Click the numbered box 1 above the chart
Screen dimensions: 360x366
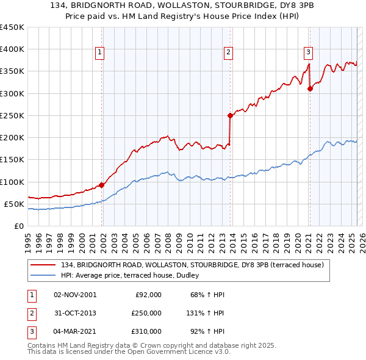click(99, 52)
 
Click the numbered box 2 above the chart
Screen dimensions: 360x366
click(228, 52)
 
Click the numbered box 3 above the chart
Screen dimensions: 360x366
click(309, 52)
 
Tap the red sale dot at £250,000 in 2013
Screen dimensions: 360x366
click(231, 115)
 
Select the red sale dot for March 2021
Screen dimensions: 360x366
click(310, 88)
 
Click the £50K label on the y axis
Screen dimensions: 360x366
click(14, 204)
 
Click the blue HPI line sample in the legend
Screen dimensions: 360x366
click(43, 275)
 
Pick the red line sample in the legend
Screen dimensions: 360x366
click(43, 265)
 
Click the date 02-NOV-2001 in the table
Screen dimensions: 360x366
click(75, 295)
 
